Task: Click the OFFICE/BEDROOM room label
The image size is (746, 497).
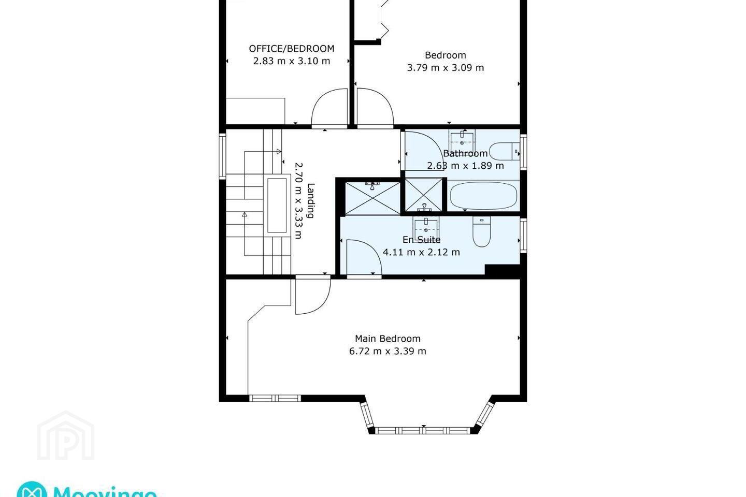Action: [x=291, y=49]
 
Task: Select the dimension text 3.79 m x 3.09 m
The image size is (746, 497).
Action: [x=446, y=68]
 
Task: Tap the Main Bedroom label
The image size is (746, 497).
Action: [x=388, y=339]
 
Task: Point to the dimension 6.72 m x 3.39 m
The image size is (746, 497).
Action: [x=388, y=351]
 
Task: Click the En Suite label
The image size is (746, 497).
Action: [x=421, y=240]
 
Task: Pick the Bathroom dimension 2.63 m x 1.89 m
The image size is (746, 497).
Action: [x=465, y=166]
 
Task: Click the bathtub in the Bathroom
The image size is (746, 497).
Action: [x=483, y=195]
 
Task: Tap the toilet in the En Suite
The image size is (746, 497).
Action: [x=482, y=231]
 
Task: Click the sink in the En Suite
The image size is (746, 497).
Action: [x=426, y=227]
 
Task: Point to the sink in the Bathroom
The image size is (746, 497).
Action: [x=462, y=141]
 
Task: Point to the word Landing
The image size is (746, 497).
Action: [x=310, y=201]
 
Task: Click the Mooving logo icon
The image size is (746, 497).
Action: [x=32, y=489]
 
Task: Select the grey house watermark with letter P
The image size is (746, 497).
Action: [x=66, y=435]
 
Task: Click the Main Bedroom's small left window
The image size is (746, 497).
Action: [x=275, y=398]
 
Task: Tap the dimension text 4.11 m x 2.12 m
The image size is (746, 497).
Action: [x=421, y=252]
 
